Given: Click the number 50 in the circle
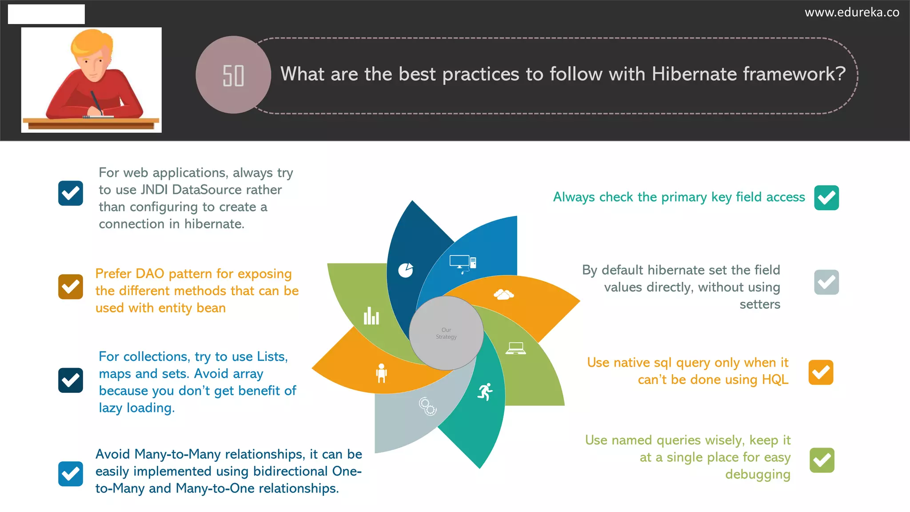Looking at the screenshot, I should coord(233,76).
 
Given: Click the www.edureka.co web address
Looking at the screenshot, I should coord(852,12).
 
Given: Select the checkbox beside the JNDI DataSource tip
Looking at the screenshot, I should coord(71,193).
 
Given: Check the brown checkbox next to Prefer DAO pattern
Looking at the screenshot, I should coord(71,287).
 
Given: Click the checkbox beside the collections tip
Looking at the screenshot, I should coord(71,380).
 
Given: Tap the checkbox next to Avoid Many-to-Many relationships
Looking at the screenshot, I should coord(71,474).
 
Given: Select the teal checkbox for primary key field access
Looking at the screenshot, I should coord(826,198).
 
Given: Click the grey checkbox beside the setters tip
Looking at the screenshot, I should coord(826,282).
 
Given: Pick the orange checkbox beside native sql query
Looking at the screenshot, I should coord(821,372).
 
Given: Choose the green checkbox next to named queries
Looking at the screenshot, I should coord(822,460).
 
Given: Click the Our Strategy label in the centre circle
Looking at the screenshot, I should coord(446,333).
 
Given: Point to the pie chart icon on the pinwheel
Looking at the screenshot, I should coord(406,270).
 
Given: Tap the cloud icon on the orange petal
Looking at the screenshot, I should coord(503,294).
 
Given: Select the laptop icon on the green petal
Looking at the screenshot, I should coord(515,348).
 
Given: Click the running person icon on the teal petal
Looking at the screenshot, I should coord(485,392).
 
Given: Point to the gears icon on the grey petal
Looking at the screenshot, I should coord(427,406).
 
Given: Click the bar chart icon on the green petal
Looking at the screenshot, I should coord(371,316).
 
